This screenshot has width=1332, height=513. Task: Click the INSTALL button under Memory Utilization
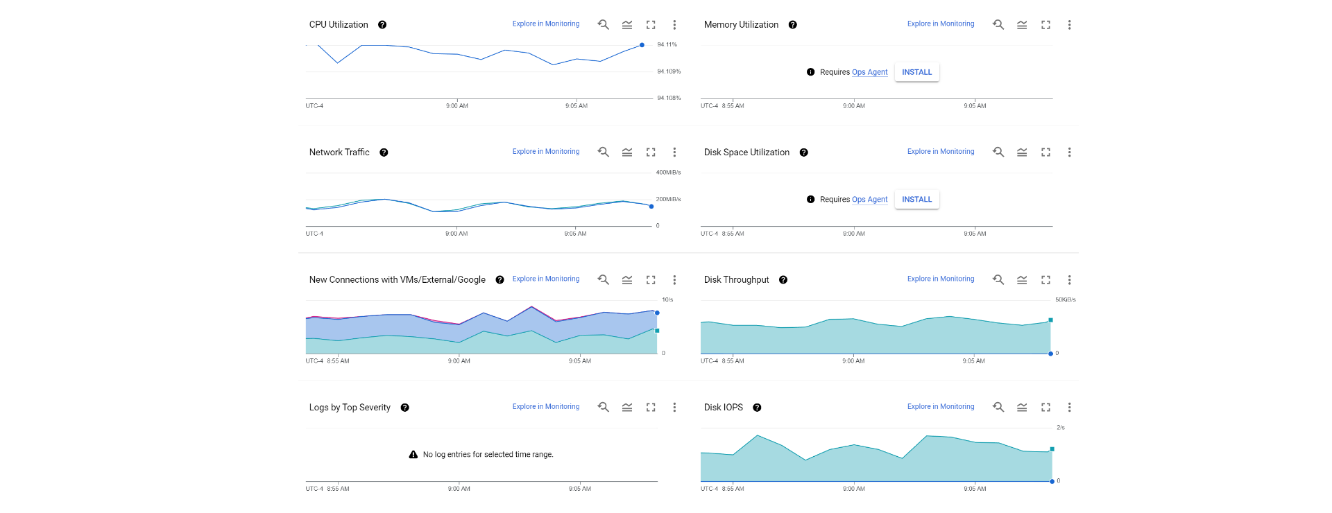pos(916,72)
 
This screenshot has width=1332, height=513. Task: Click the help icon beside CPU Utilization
pos(382,25)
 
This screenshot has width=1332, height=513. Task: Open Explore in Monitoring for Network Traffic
pos(545,152)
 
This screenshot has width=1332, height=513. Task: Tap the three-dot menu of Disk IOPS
pos(1069,408)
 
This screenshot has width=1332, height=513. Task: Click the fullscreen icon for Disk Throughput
pos(1045,280)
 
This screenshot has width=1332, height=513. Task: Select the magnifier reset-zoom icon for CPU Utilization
pos(604,25)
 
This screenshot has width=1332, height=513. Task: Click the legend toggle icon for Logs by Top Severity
pos(627,408)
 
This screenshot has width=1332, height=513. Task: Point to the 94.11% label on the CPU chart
pos(667,44)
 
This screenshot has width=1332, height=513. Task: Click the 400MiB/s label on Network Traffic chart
pos(668,172)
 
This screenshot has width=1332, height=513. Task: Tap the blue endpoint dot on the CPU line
pos(642,45)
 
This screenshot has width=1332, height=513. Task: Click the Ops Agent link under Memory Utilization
pos(869,72)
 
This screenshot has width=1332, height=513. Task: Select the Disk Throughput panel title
pos(736,280)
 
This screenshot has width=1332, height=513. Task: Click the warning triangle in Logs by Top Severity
pos(413,455)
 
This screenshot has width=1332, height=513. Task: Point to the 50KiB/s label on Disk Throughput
pos(1065,299)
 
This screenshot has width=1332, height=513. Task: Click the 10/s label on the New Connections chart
pos(667,299)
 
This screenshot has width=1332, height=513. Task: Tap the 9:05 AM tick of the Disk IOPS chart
pos(975,489)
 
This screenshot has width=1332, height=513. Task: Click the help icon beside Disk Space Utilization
pos(803,153)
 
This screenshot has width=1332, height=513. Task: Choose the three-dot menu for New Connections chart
pos(674,280)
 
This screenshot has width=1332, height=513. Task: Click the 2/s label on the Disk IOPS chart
pos(1060,428)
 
